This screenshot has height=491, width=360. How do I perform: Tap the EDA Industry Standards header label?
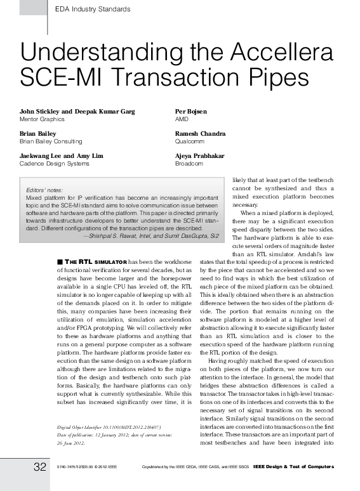[x=93, y=10]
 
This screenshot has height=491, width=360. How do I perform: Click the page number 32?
[x=40, y=468]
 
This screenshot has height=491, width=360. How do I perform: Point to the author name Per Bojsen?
[x=190, y=112]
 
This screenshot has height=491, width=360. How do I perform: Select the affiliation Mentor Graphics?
[x=42, y=119]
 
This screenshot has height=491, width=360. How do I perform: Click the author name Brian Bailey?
[x=37, y=134]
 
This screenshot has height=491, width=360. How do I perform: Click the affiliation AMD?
[x=182, y=119]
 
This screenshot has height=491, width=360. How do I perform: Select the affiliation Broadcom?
[x=189, y=164]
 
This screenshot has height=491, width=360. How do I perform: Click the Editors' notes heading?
[x=44, y=190]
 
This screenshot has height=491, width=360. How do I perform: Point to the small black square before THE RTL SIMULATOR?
[x=59, y=261]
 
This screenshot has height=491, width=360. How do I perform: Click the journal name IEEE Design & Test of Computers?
[x=293, y=468]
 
